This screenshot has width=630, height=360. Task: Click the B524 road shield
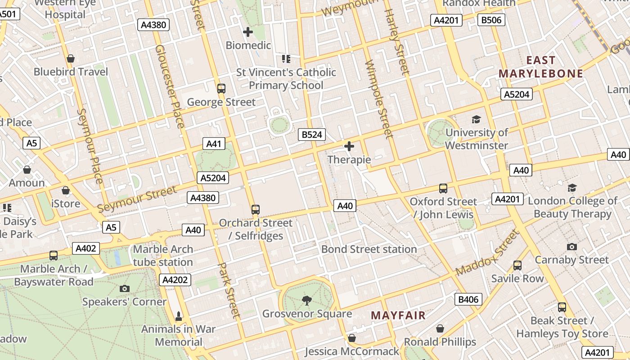[x=312, y=134]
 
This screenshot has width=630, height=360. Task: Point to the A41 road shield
[x=214, y=144]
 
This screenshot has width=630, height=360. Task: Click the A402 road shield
[x=86, y=248]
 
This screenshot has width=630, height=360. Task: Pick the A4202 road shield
[x=175, y=280]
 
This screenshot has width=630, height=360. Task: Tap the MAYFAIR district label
[x=398, y=315]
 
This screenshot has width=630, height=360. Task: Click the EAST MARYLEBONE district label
[x=541, y=67]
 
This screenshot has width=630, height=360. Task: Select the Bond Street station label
[x=369, y=249]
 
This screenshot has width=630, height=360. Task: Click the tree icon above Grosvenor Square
[x=307, y=299]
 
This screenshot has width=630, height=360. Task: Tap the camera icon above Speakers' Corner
[x=125, y=288]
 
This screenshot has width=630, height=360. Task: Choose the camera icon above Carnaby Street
[x=572, y=247]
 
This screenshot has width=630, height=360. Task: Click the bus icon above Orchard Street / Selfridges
[x=256, y=209]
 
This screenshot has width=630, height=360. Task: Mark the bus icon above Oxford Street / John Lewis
[x=443, y=188]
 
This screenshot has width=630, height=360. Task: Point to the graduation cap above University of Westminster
[x=476, y=119]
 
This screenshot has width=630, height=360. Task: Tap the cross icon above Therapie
[x=349, y=146]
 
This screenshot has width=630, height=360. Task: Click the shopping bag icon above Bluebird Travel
[x=70, y=58]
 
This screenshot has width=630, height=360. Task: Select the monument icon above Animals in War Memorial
[x=179, y=316]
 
